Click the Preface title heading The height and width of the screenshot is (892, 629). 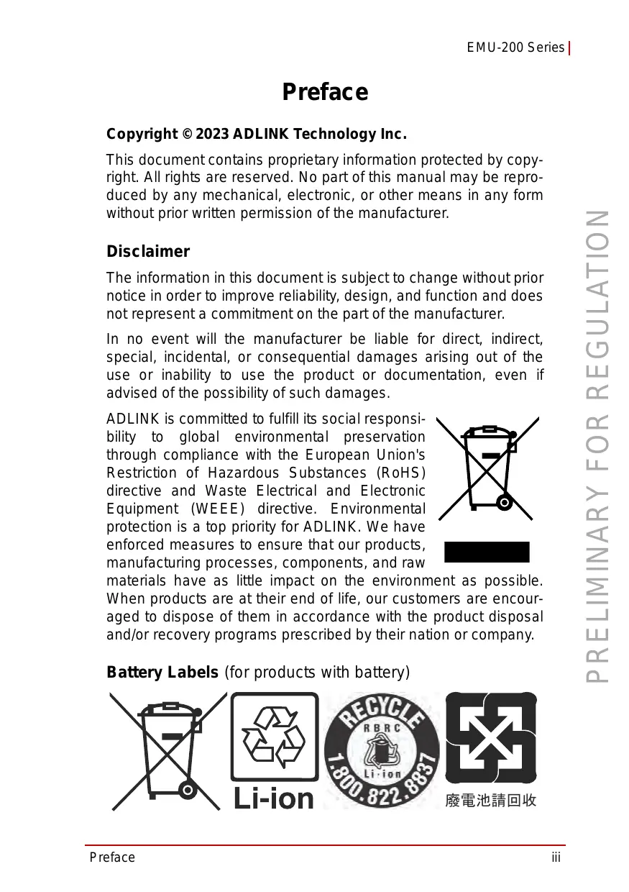pyautogui.click(x=325, y=92)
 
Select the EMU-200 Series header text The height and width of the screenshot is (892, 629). pyautogui.click(x=515, y=47)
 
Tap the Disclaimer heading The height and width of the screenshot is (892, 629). pyautogui.click(x=148, y=252)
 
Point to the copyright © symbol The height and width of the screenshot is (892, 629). pyautogui.click(x=186, y=135)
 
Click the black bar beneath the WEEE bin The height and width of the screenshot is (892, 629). pyautogui.click(x=487, y=552)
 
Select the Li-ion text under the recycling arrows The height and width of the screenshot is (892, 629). pyautogui.click(x=274, y=797)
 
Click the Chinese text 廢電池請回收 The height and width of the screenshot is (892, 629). pyautogui.click(x=491, y=800)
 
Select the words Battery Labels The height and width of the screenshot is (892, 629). pyautogui.click(x=162, y=673)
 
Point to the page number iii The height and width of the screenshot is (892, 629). pyautogui.click(x=556, y=857)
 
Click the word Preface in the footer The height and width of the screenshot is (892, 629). pyautogui.click(x=112, y=857)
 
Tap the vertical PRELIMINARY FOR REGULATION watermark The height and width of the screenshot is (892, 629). pyautogui.click(x=598, y=446)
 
